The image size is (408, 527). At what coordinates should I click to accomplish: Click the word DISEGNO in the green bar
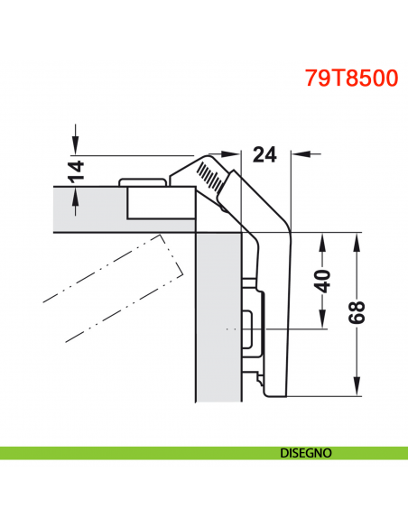(x=307, y=452)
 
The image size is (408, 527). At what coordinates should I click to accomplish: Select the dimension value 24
(x=264, y=155)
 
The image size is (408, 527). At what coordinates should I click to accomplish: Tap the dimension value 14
(x=77, y=169)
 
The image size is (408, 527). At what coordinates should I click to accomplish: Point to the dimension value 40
(x=323, y=280)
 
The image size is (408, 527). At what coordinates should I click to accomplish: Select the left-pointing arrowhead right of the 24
(x=299, y=154)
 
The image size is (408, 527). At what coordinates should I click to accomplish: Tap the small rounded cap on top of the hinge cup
(x=144, y=181)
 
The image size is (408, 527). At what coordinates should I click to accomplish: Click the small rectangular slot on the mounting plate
(x=248, y=329)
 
